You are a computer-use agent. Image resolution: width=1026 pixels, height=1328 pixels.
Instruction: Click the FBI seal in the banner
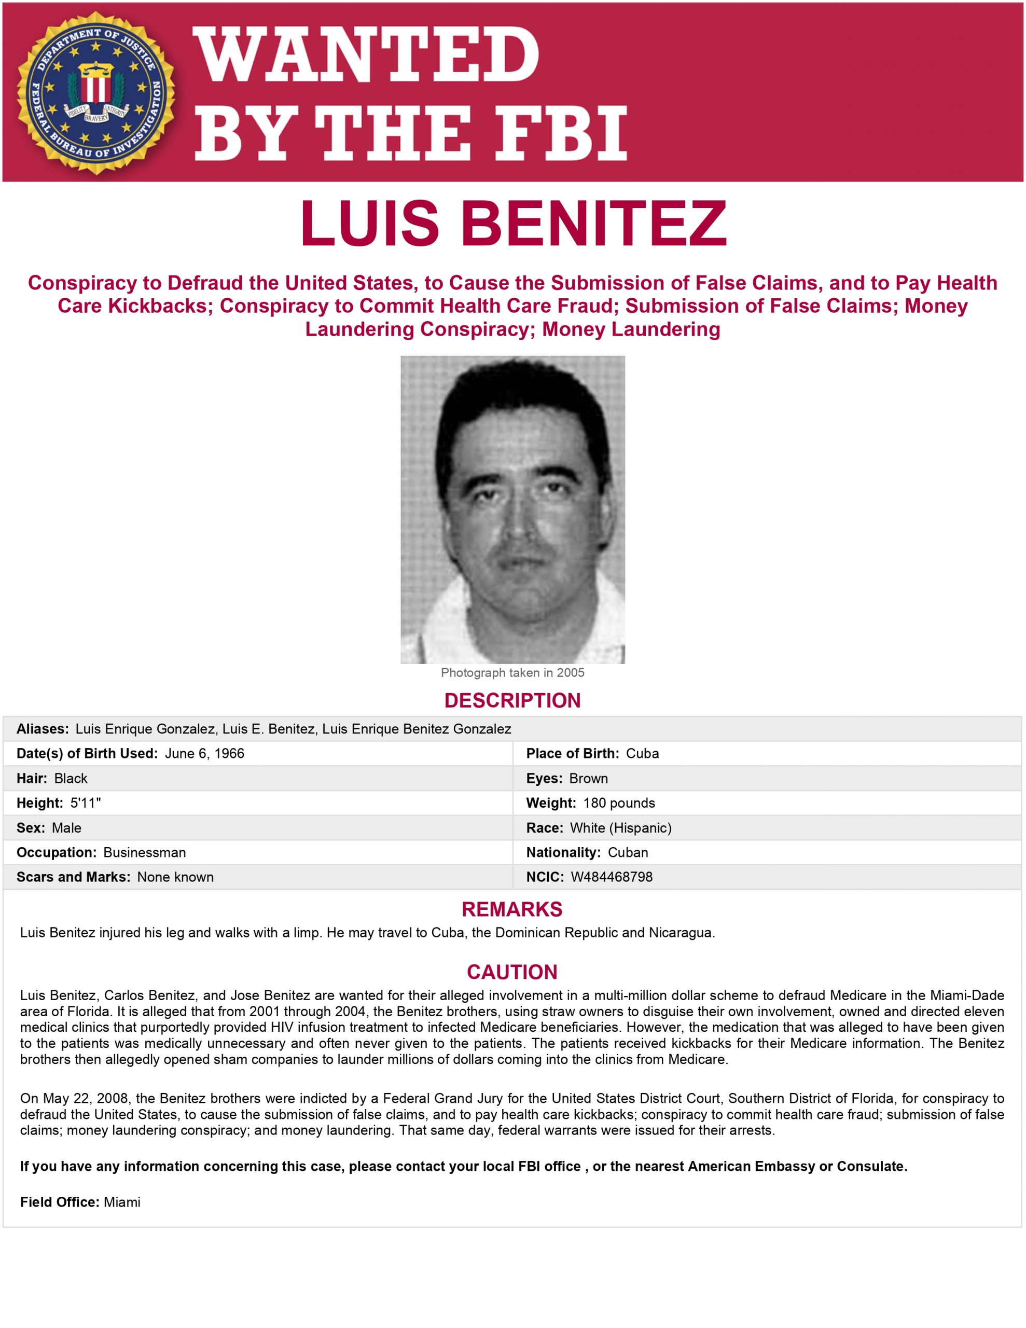(x=95, y=92)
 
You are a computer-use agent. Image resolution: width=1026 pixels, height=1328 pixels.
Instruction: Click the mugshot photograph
(x=512, y=509)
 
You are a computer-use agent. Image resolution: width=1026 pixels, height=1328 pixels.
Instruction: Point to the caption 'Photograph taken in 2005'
(x=512, y=672)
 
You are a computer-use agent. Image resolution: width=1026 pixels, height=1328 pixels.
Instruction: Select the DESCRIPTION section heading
(x=512, y=700)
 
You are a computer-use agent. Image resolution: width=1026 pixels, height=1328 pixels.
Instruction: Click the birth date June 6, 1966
(x=204, y=753)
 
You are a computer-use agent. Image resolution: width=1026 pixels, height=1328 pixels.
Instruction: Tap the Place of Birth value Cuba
(x=642, y=753)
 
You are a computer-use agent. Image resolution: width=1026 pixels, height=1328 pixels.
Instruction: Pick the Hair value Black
(x=71, y=778)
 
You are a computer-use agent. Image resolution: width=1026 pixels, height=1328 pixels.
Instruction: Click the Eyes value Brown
(x=588, y=778)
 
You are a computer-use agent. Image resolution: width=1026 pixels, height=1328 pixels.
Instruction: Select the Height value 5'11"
(x=86, y=803)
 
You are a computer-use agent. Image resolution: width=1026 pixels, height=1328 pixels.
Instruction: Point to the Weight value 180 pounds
(x=618, y=803)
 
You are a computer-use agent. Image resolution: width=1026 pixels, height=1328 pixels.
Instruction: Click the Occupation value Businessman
(x=145, y=852)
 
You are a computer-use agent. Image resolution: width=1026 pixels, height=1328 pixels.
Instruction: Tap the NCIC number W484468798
(x=611, y=877)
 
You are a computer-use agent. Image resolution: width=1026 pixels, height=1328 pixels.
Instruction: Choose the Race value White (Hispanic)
(x=620, y=827)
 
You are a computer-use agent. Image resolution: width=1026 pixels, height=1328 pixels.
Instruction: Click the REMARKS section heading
(x=512, y=909)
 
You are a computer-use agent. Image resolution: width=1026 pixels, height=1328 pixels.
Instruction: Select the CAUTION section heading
(x=512, y=972)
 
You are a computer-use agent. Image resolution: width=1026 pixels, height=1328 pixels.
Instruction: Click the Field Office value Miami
(x=122, y=1202)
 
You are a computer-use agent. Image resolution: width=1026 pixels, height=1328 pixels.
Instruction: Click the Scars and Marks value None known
(x=175, y=877)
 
